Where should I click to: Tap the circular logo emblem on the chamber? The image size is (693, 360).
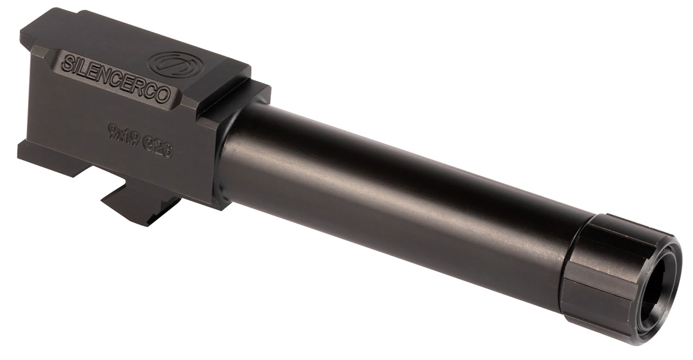click(x=174, y=64)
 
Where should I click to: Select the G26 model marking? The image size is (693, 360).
click(x=159, y=148)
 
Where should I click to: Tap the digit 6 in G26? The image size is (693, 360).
click(x=168, y=151)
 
